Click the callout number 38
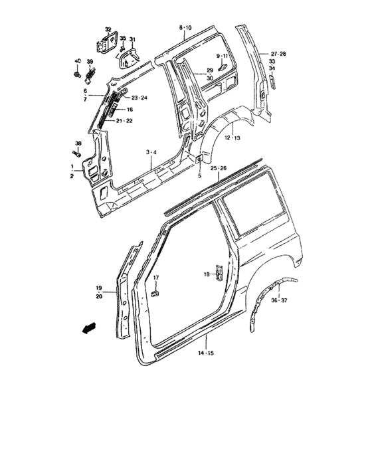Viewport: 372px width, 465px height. (x=78, y=143)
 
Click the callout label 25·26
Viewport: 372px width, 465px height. (x=219, y=169)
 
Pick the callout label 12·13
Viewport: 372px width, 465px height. (x=232, y=138)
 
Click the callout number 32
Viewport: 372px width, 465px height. (x=108, y=29)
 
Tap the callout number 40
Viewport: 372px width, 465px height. (x=77, y=60)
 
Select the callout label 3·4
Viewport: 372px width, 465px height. (x=151, y=153)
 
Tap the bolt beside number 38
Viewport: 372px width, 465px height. (x=79, y=153)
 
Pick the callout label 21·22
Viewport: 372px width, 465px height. (x=125, y=121)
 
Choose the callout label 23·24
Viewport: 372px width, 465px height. (x=139, y=98)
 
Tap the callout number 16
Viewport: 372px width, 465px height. (x=130, y=110)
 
